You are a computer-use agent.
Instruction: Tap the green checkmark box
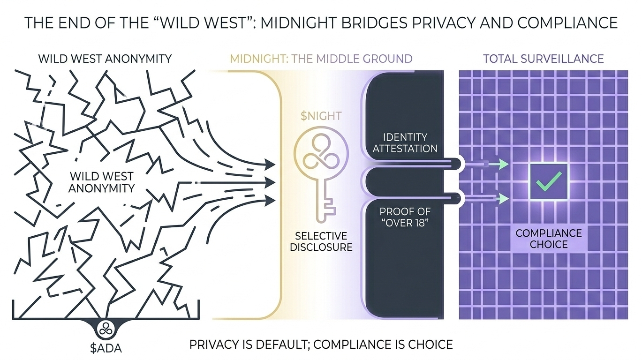pyautogui.click(x=549, y=182)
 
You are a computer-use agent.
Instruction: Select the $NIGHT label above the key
pyautogui.click(x=321, y=116)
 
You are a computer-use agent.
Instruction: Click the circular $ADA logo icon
pyautogui.click(x=106, y=329)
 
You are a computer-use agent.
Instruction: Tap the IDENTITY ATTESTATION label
pyautogui.click(x=405, y=143)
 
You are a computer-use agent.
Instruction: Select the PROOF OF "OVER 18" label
pyautogui.click(x=405, y=217)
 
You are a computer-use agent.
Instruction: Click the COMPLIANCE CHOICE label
pyautogui.click(x=549, y=239)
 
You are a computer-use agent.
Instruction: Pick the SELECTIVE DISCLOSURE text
pyautogui.click(x=321, y=241)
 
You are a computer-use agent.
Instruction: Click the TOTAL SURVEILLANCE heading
pyautogui.click(x=543, y=59)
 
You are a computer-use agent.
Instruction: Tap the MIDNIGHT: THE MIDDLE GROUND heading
pyautogui.click(x=321, y=59)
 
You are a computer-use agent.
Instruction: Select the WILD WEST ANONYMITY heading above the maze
pyautogui.click(x=105, y=59)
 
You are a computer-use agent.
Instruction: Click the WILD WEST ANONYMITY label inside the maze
pyautogui.click(x=101, y=182)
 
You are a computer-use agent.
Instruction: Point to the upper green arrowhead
pyautogui.click(x=503, y=164)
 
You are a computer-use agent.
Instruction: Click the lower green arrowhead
pyautogui.click(x=503, y=198)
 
